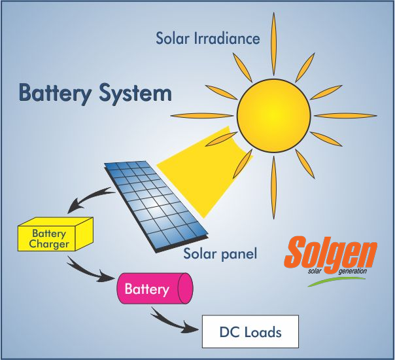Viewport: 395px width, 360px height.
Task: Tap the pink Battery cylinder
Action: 155,288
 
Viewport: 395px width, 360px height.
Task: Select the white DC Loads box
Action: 250,331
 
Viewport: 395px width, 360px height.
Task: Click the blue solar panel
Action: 156,207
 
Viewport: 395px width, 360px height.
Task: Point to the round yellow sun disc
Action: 274,116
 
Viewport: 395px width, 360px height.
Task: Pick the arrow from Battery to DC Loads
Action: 171,322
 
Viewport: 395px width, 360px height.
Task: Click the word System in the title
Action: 135,94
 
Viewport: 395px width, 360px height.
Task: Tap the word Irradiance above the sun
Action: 227,39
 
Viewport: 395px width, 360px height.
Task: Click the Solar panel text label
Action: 220,253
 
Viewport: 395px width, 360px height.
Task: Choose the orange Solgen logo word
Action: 330,255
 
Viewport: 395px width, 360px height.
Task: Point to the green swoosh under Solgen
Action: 337,281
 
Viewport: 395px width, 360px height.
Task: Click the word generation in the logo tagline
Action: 352,271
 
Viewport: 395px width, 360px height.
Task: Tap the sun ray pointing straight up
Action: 274,44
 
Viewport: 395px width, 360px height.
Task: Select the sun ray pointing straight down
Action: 274,188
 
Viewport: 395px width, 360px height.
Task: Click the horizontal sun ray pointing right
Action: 345,116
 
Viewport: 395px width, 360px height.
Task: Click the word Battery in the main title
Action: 55,94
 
